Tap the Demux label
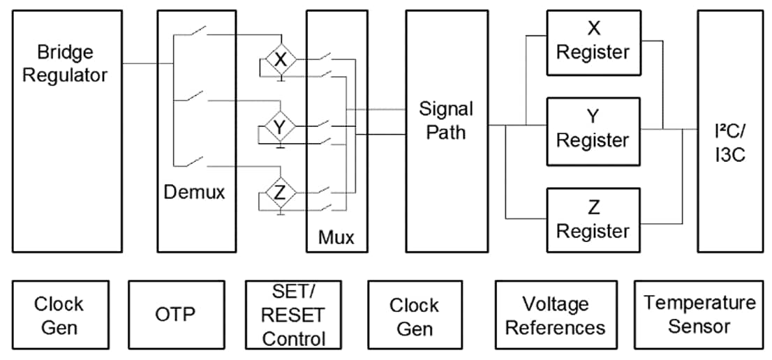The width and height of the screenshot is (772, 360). [194, 192]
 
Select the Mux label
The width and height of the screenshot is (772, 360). [336, 237]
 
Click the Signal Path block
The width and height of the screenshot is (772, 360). [446, 130]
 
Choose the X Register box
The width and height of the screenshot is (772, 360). [593, 43]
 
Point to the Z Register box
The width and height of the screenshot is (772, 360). [593, 220]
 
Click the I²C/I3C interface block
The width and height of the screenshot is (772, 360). [729, 130]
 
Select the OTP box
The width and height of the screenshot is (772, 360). [176, 314]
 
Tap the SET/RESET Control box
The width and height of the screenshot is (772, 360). [293, 315]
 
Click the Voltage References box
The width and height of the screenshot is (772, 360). [556, 315]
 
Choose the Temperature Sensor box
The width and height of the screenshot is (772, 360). [699, 315]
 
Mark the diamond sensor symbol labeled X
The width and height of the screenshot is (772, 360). [280, 61]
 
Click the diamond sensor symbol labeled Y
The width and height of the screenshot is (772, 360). [280, 127]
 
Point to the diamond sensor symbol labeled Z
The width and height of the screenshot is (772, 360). [280, 194]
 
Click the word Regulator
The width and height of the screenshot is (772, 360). [65, 75]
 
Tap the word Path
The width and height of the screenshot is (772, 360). [446, 132]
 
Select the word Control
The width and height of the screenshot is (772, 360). [293, 339]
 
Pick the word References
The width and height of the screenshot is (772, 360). [556, 327]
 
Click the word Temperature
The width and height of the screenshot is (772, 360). [699, 303]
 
